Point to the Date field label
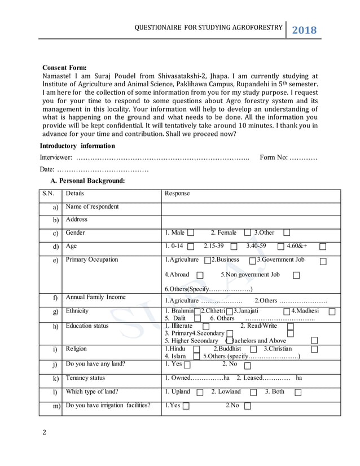[47, 170]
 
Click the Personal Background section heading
[87, 181]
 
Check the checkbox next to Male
[191, 233]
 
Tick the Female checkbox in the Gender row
[247, 233]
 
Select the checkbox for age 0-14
[190, 247]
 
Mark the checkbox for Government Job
[322, 261]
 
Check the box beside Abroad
[200, 275]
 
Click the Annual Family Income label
[95, 297]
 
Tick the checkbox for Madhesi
[332, 311]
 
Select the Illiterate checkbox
[205, 327]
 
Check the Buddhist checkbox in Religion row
[253, 349]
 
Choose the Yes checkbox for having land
[187, 365]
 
